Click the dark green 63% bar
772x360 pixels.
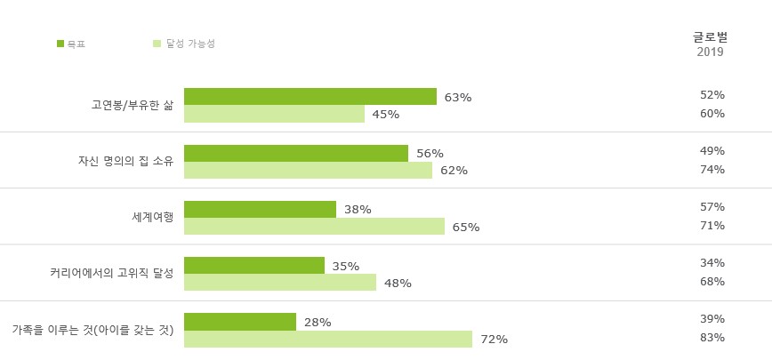point(310,97)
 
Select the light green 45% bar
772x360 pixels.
point(274,114)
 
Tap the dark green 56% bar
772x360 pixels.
point(295,153)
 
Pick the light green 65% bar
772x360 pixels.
point(314,227)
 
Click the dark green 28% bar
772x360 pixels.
point(239,322)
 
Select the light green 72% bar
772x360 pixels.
point(327,339)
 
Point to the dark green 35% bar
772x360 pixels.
point(253,266)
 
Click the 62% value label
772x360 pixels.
point(454,171)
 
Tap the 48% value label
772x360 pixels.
point(398,284)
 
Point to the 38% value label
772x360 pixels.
point(358,210)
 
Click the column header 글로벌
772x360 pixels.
point(710,37)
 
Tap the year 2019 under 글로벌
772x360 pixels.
point(710,52)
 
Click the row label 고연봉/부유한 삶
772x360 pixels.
point(132,105)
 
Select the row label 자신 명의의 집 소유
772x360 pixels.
point(125,161)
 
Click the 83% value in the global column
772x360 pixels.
point(712,338)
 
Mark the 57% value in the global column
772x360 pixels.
point(712,207)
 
